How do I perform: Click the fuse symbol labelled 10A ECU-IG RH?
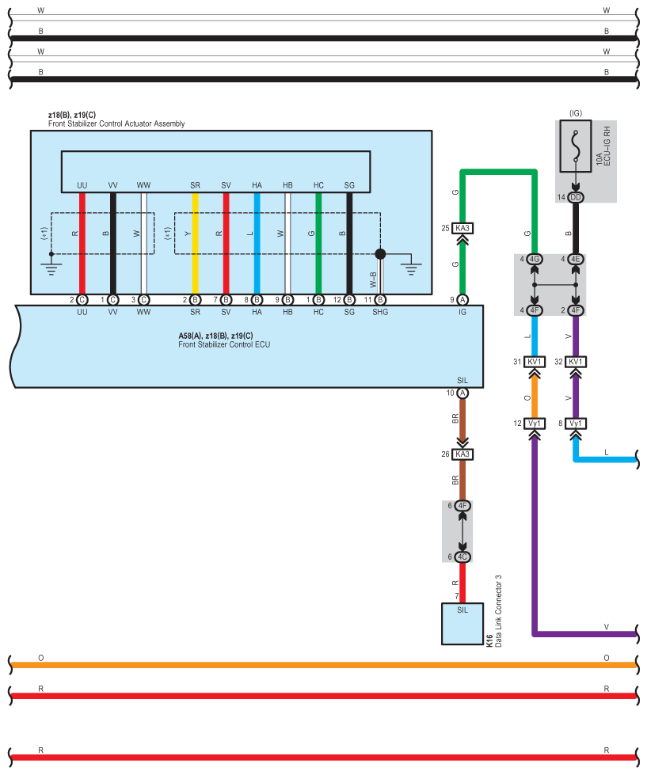[x=575, y=146]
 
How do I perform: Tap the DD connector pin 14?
[x=575, y=197]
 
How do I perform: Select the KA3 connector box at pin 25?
[x=462, y=228]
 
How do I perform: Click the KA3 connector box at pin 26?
[x=462, y=454]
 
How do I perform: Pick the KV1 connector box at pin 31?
[x=535, y=362]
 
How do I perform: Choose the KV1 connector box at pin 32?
[x=575, y=362]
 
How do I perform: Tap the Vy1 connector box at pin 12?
[x=535, y=424]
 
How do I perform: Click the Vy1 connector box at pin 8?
[x=575, y=424]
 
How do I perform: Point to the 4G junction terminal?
[x=535, y=259]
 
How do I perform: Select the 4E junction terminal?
[x=575, y=259]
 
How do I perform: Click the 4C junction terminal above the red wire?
[x=462, y=557]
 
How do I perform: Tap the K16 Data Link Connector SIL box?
[x=462, y=624]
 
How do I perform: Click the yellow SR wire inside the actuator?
[x=196, y=243]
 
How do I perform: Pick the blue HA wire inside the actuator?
[x=257, y=243]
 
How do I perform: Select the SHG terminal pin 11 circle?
[x=380, y=300]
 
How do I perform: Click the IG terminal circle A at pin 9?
[x=462, y=300]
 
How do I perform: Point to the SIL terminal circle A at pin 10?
[x=462, y=393]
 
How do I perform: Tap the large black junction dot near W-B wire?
[x=380, y=254]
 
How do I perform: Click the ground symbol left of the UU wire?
[x=51, y=265]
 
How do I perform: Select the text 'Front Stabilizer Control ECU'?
[x=224, y=344]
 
